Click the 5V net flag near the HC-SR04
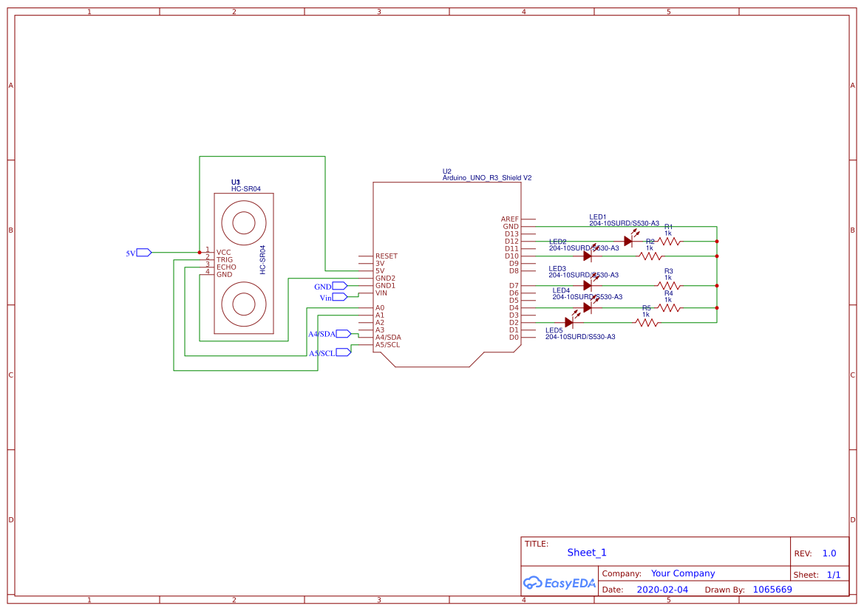click(x=143, y=253)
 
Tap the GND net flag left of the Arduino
click(x=339, y=286)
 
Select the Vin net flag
click(x=339, y=297)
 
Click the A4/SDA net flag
click(x=343, y=334)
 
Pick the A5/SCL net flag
click(x=343, y=352)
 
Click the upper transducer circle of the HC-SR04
click(x=244, y=222)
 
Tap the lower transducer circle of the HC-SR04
click(x=244, y=304)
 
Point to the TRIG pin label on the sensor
click(x=224, y=260)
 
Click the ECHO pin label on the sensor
click(x=226, y=267)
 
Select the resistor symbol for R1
click(x=669, y=241)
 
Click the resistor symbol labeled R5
click(x=647, y=322)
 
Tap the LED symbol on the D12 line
click(x=628, y=241)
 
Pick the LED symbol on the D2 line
click(x=569, y=321)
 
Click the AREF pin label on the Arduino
click(x=509, y=219)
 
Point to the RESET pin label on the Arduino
click(x=386, y=256)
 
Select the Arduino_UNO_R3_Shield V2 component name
click(x=486, y=178)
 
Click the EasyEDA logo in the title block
click(x=559, y=583)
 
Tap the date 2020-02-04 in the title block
click(x=661, y=590)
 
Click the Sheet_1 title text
click(x=586, y=553)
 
